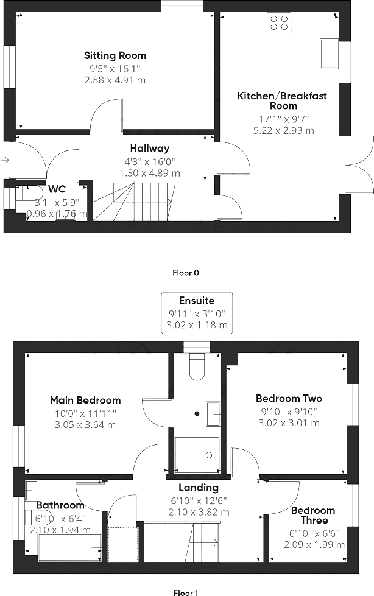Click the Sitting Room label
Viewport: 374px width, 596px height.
115,55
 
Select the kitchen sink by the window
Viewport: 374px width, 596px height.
330,54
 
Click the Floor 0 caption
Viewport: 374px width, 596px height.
186,273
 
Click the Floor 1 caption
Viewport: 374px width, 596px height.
186,591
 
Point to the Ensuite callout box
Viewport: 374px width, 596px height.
197,313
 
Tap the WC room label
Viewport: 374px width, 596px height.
57,189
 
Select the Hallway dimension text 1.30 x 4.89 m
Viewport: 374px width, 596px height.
149,173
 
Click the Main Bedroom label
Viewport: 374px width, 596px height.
85,400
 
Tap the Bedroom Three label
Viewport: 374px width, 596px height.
313,515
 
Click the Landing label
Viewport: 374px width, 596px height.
199,488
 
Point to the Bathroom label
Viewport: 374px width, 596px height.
60,505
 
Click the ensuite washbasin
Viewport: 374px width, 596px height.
213,414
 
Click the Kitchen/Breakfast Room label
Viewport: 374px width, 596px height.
282,100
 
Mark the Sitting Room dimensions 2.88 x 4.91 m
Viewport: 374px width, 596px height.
115,80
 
